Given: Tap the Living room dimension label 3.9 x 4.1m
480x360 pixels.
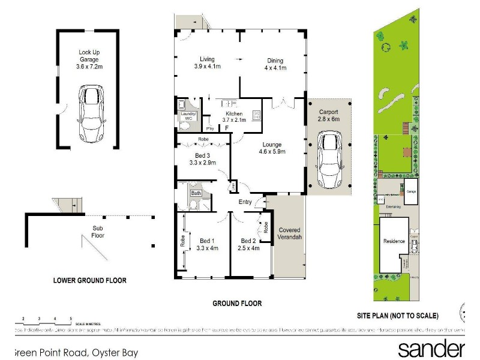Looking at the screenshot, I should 207,63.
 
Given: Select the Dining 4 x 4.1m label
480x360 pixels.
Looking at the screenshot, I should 275,64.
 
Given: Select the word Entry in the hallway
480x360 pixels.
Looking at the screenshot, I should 245,202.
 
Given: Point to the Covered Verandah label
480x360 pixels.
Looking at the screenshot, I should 289,233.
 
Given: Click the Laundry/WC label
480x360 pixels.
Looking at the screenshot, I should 188,116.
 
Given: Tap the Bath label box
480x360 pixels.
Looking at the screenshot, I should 196,193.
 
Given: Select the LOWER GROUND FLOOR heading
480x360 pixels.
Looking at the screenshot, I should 89,280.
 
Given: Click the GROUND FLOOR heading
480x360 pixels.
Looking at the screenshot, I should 237,304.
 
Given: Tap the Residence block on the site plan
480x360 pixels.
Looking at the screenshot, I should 394,242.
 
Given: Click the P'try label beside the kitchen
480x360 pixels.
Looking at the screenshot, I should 209,128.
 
